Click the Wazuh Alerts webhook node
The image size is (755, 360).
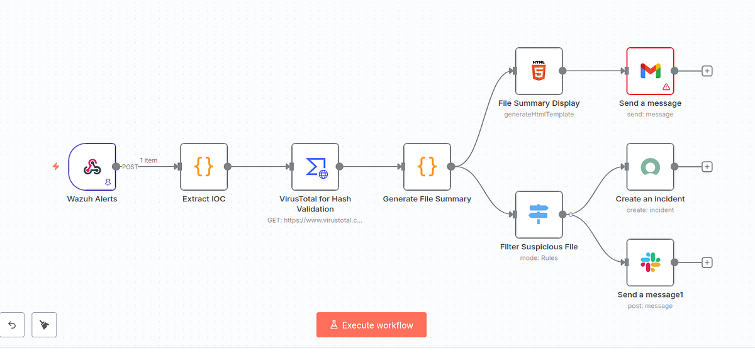click(92, 167)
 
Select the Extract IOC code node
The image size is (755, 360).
click(204, 167)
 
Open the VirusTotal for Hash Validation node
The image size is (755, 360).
click(315, 167)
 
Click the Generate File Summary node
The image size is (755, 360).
click(427, 167)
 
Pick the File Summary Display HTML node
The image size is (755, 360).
click(539, 70)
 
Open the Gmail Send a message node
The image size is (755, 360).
click(650, 70)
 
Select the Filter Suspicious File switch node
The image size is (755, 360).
click(539, 215)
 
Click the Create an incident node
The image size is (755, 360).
click(650, 167)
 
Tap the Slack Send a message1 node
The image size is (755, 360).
click(650, 262)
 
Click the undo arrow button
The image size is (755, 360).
click(12, 325)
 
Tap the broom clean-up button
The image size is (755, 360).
click(44, 325)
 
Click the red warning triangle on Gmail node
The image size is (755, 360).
click(666, 87)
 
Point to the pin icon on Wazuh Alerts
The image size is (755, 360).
click(108, 183)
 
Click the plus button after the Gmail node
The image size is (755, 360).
click(707, 70)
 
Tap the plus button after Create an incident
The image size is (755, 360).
click(707, 167)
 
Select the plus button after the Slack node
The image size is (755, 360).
click(707, 262)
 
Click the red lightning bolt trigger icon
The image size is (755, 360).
click(56, 166)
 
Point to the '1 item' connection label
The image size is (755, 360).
click(148, 160)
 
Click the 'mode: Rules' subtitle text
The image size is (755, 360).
click(539, 258)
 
